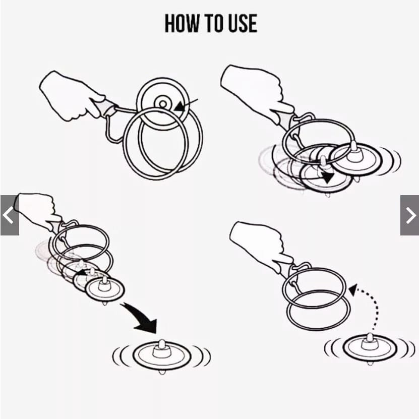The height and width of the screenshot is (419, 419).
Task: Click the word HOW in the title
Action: tap(182, 24)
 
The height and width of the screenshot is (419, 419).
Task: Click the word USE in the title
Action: tap(243, 24)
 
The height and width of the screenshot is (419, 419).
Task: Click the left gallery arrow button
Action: tap(10, 215)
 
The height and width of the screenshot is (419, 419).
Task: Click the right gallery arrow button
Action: tap(409, 215)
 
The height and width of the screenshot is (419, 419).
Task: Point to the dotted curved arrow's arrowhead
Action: tap(353, 289)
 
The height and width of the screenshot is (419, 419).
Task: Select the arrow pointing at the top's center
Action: tap(186, 105)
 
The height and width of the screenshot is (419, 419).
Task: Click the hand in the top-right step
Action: tap(254, 93)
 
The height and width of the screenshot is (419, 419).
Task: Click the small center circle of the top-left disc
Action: tap(163, 103)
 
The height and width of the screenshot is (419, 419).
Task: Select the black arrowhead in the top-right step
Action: tap(328, 177)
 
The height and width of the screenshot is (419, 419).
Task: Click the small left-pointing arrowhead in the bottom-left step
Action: tap(82, 273)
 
